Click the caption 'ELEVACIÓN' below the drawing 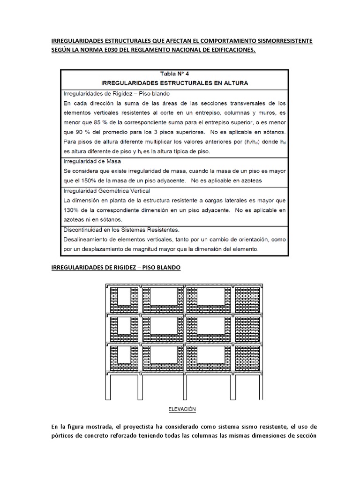point(182,409)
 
